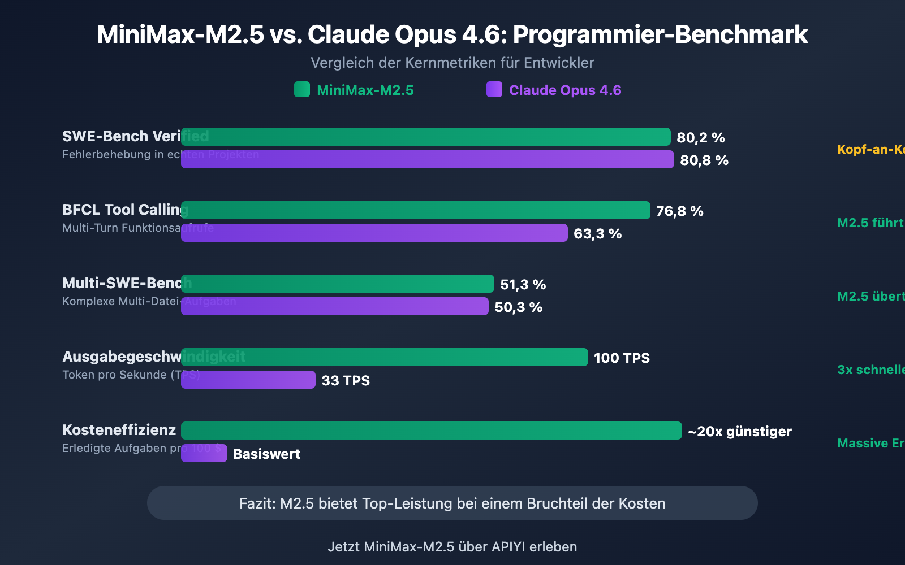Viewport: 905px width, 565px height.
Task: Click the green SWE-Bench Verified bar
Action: point(425,137)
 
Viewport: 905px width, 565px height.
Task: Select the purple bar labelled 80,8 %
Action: point(427,159)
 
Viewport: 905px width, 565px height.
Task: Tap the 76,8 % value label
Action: point(679,211)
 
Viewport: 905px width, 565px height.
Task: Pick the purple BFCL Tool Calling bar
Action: point(374,233)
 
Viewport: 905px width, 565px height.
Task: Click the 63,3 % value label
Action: point(597,233)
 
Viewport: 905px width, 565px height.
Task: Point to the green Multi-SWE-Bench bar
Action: point(337,284)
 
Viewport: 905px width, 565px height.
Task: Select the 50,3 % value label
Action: point(518,307)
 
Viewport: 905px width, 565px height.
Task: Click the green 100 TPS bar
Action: point(384,357)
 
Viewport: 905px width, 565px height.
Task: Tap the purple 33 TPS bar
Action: point(248,380)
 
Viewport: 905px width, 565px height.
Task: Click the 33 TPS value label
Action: point(345,380)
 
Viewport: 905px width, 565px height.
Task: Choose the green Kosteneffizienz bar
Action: point(431,431)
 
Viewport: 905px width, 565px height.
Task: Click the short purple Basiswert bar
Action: point(204,453)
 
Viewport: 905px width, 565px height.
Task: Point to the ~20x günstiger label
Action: point(739,431)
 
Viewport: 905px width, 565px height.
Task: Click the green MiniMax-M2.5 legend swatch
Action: point(302,89)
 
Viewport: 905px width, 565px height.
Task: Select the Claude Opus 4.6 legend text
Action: point(564,90)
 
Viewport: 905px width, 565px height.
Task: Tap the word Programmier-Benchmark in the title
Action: point(660,34)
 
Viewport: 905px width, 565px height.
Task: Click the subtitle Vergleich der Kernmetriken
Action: point(452,63)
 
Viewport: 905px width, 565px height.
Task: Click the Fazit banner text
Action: point(452,503)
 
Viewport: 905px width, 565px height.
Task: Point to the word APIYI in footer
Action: point(508,546)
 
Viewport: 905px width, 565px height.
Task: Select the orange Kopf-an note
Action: point(870,149)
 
